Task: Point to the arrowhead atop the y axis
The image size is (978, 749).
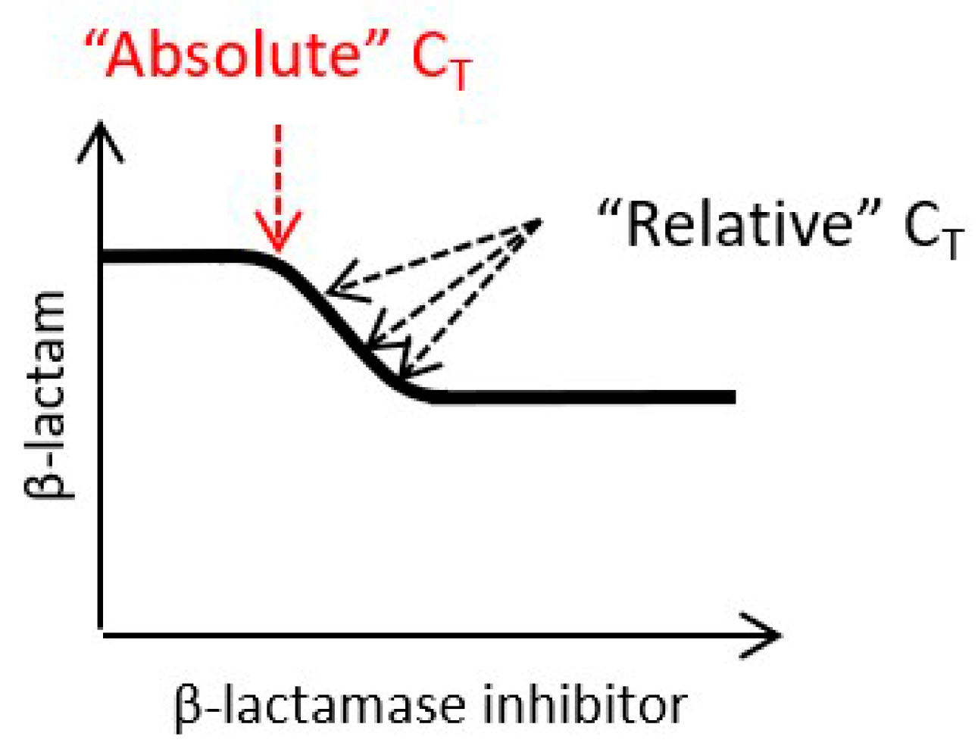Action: tap(101, 140)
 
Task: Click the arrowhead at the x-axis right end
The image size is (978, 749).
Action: tap(765, 635)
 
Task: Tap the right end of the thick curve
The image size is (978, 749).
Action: tap(731, 397)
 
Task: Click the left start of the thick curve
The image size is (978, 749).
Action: tap(105, 257)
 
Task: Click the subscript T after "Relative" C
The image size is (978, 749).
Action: tap(951, 245)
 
